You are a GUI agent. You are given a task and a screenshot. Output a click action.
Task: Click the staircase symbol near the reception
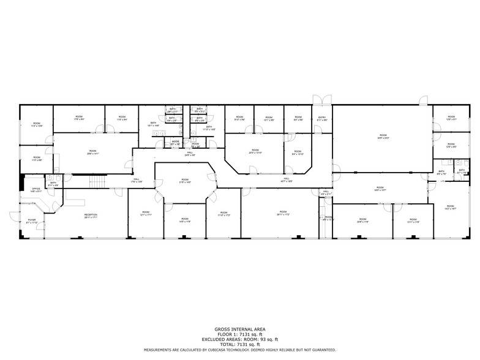point(97,181)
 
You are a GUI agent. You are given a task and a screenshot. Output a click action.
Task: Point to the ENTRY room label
point(322,119)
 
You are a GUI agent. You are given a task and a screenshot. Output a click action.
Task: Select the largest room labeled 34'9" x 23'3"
point(383,137)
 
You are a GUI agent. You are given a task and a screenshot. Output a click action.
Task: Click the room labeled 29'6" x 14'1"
point(92,152)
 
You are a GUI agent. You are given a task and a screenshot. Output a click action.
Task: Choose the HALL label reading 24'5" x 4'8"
point(190,154)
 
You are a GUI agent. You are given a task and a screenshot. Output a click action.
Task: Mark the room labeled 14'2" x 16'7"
point(450,208)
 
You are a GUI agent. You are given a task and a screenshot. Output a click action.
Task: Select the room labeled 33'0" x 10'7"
point(380,189)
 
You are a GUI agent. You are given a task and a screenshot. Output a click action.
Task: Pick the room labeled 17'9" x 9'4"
point(79,118)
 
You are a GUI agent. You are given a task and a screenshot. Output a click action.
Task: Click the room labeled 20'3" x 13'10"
point(255,152)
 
